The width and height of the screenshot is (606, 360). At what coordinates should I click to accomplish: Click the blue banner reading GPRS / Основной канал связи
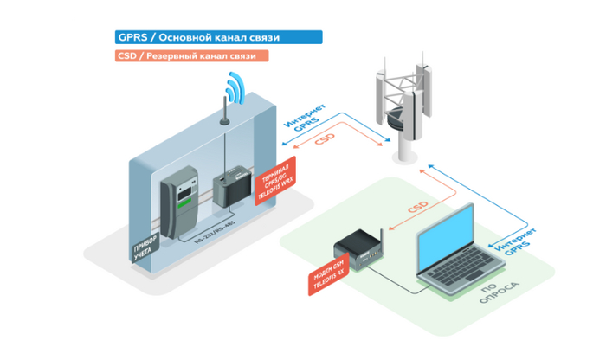[218, 38]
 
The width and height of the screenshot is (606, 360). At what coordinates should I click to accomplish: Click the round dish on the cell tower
[397, 116]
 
